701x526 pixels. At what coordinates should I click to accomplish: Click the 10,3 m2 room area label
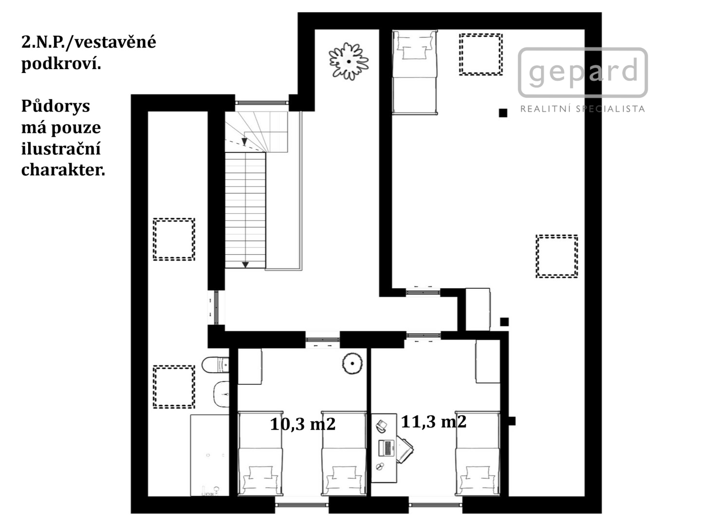click(x=303, y=424)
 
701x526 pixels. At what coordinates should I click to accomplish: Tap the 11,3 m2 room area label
click(x=433, y=422)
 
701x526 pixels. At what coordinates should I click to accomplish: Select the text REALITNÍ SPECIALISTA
click(x=583, y=109)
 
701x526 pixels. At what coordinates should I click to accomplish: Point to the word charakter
click(x=63, y=169)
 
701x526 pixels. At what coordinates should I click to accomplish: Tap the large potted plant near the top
click(x=349, y=61)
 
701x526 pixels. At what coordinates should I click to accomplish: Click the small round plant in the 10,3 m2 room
click(x=352, y=363)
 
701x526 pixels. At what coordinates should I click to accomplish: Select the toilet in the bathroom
click(x=215, y=364)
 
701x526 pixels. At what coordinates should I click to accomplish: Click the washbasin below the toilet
click(x=221, y=394)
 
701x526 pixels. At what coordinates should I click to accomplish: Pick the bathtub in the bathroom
click(x=209, y=455)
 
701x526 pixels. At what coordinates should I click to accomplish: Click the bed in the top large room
click(x=415, y=72)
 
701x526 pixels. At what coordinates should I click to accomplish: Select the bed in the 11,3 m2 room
click(x=478, y=453)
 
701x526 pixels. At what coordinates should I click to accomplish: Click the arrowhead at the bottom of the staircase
click(x=245, y=265)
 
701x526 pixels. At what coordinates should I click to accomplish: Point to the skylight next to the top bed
click(x=480, y=54)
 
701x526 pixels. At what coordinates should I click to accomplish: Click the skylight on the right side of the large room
click(x=556, y=256)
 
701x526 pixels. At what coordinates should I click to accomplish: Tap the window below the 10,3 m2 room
click(x=302, y=505)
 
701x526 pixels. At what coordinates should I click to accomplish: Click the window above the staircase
click(x=262, y=102)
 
